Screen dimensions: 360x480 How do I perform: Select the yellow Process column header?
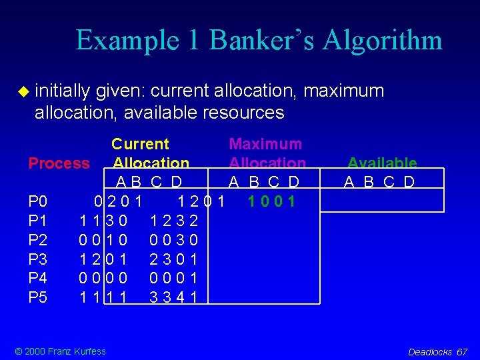click(x=59, y=163)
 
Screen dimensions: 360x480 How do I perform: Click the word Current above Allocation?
click(x=140, y=144)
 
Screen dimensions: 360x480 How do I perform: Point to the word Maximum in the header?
click(x=265, y=144)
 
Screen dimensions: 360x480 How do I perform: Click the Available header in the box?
click(x=382, y=163)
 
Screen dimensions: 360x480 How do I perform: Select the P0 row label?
click(x=38, y=201)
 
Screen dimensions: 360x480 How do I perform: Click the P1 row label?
click(x=38, y=220)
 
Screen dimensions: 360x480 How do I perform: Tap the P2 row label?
click(x=38, y=239)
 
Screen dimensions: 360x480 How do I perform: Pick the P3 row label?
click(x=38, y=259)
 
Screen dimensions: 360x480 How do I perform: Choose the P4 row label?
click(x=38, y=278)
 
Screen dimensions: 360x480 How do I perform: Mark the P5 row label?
click(x=38, y=297)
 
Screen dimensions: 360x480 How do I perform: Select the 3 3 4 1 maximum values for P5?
click(x=173, y=297)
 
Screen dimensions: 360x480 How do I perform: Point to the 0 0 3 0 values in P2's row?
click(x=173, y=239)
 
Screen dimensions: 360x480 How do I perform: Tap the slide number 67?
click(x=463, y=352)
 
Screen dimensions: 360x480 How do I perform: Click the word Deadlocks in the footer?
click(x=430, y=352)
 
